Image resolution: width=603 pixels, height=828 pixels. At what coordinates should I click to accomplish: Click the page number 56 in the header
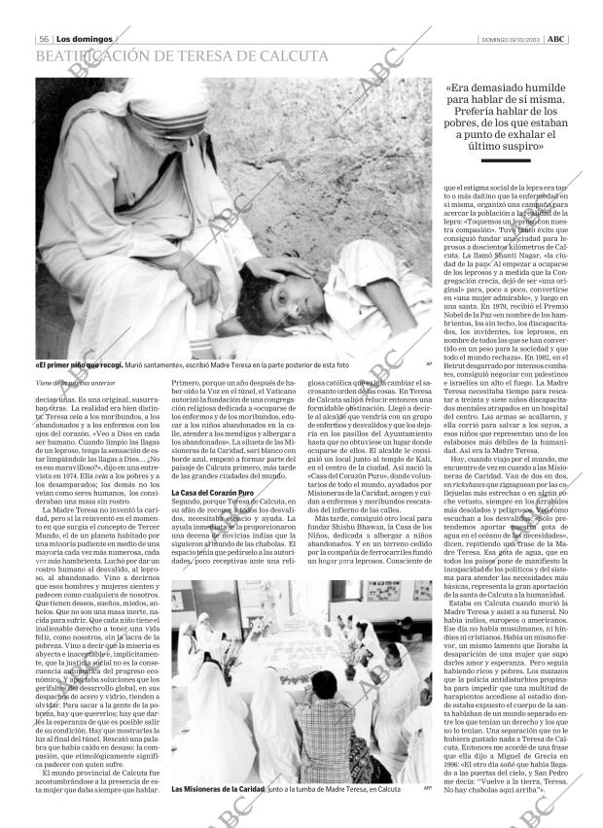(43, 38)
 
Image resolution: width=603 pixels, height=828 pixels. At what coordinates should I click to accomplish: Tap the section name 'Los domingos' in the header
(84, 38)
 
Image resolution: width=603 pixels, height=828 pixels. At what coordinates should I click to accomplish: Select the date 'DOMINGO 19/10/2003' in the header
(511, 39)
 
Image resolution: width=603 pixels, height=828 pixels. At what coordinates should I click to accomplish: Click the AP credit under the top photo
(428, 364)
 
